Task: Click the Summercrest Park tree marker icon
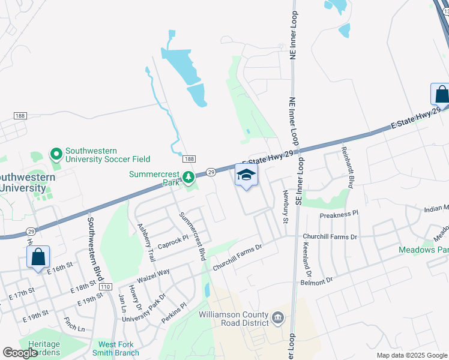188,177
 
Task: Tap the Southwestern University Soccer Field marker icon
56,155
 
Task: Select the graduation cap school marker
247,176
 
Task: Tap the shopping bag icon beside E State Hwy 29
441,94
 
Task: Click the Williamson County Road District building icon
278,317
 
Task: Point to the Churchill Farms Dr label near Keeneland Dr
330,237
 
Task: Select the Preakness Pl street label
339,213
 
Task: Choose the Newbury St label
286,208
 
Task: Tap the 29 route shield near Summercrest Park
211,172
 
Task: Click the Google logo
20,353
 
